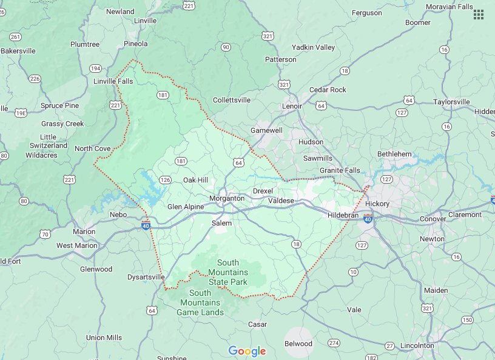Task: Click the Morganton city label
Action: point(226,198)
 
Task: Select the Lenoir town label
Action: point(292,106)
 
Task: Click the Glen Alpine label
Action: point(186,207)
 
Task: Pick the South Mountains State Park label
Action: point(228,272)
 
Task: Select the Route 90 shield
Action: point(226,47)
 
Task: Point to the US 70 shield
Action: point(45,234)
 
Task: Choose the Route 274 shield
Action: point(334,343)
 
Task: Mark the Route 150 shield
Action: point(466,320)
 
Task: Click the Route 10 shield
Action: point(353,272)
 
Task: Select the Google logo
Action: point(247,351)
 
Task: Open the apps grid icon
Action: point(479,15)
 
